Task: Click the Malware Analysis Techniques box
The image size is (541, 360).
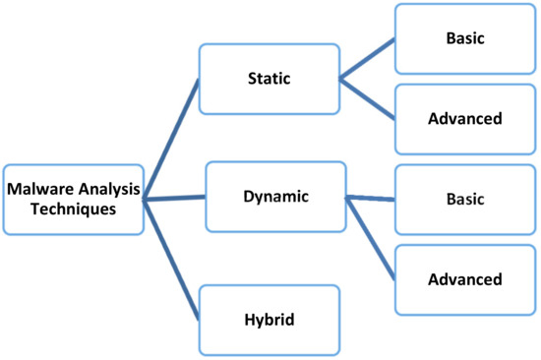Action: [74, 198]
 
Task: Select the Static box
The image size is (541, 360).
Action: [269, 78]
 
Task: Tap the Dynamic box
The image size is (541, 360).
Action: [275, 196]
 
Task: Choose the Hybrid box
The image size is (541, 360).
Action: [269, 320]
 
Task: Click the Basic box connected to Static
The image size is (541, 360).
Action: [465, 37]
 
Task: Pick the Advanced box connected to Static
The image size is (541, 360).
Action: [465, 118]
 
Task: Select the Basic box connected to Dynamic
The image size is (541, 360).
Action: [465, 198]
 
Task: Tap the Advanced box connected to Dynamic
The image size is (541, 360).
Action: [465, 278]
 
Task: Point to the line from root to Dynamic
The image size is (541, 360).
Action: [175, 198]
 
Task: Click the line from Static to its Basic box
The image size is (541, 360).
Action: [367, 59]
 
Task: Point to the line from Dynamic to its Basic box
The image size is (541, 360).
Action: [370, 199]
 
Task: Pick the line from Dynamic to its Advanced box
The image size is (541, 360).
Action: [370, 235]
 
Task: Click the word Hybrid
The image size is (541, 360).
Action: [269, 320]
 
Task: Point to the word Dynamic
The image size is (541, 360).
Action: [275, 196]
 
